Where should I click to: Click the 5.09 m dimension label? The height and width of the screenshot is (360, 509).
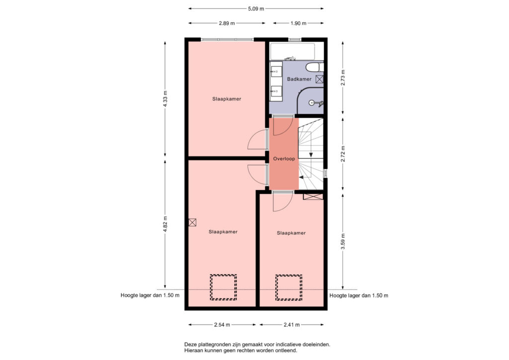(256, 9)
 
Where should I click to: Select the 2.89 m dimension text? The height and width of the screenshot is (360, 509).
(227, 23)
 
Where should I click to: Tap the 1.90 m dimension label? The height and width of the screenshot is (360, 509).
(298, 23)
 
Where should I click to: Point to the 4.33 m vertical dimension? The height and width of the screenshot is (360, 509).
(165, 99)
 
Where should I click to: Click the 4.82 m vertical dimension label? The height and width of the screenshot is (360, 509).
(165, 224)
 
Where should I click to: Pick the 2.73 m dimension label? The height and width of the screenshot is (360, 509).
(343, 78)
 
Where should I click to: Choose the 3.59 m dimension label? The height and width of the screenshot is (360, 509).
(343, 242)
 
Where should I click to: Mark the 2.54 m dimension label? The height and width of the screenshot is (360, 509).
(222, 325)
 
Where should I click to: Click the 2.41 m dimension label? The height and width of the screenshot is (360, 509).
(291, 325)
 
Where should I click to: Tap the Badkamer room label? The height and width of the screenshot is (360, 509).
(299, 79)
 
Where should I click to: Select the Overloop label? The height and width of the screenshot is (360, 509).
(284, 159)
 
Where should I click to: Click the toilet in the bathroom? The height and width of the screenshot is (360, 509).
(315, 67)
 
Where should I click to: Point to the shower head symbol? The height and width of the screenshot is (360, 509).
(316, 103)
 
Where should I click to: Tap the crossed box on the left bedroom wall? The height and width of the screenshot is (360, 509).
(192, 222)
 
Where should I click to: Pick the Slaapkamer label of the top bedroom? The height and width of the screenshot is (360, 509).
(227, 99)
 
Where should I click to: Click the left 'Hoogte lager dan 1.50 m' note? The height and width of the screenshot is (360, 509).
(150, 295)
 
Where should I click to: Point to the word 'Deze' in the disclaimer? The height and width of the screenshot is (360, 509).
(190, 345)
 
